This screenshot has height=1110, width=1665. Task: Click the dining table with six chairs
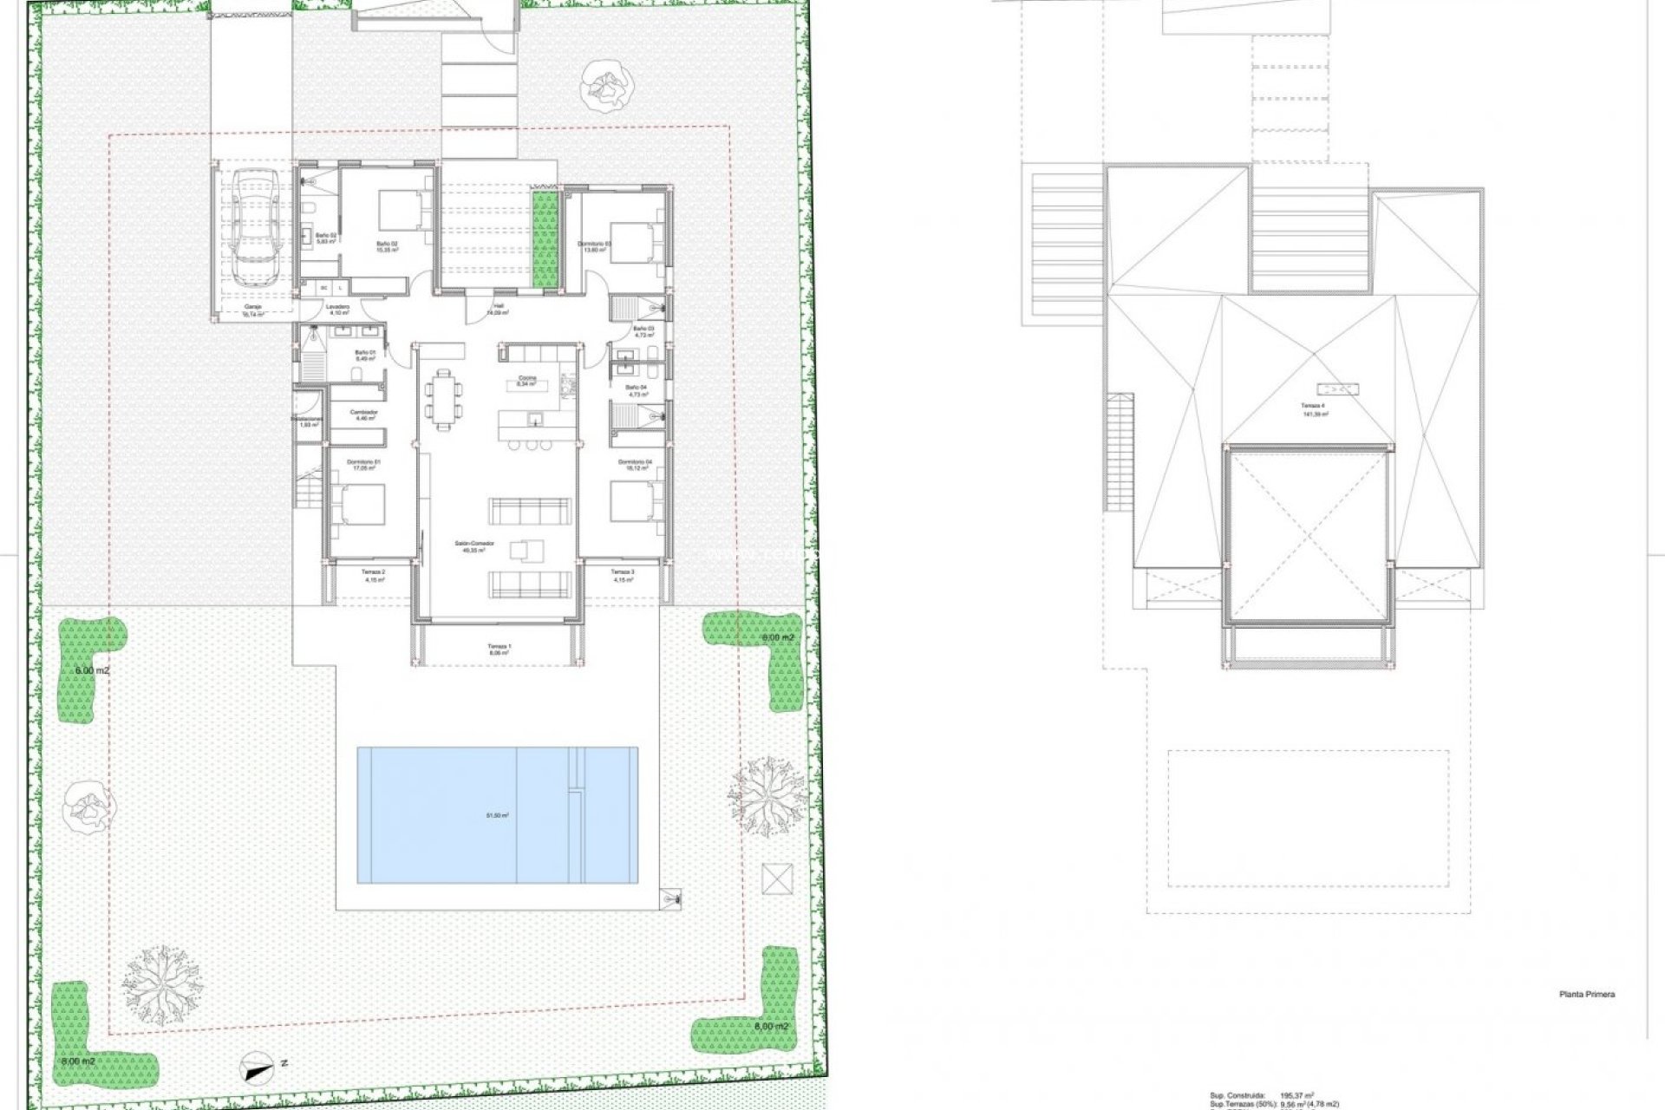[444, 398]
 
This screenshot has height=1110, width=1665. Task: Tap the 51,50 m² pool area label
[497, 815]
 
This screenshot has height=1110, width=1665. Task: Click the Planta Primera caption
[1586, 995]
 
